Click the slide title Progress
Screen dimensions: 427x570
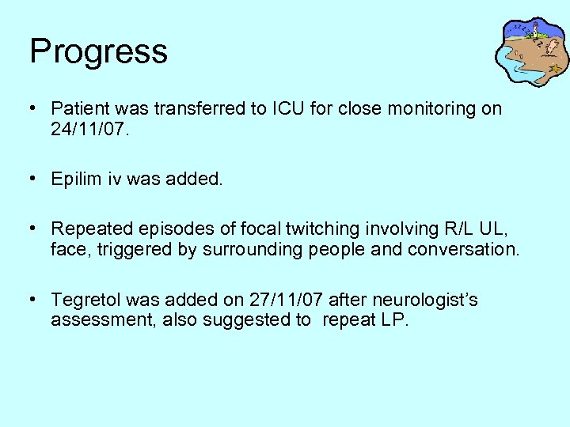coord(98,52)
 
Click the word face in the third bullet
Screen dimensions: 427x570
coord(69,250)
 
